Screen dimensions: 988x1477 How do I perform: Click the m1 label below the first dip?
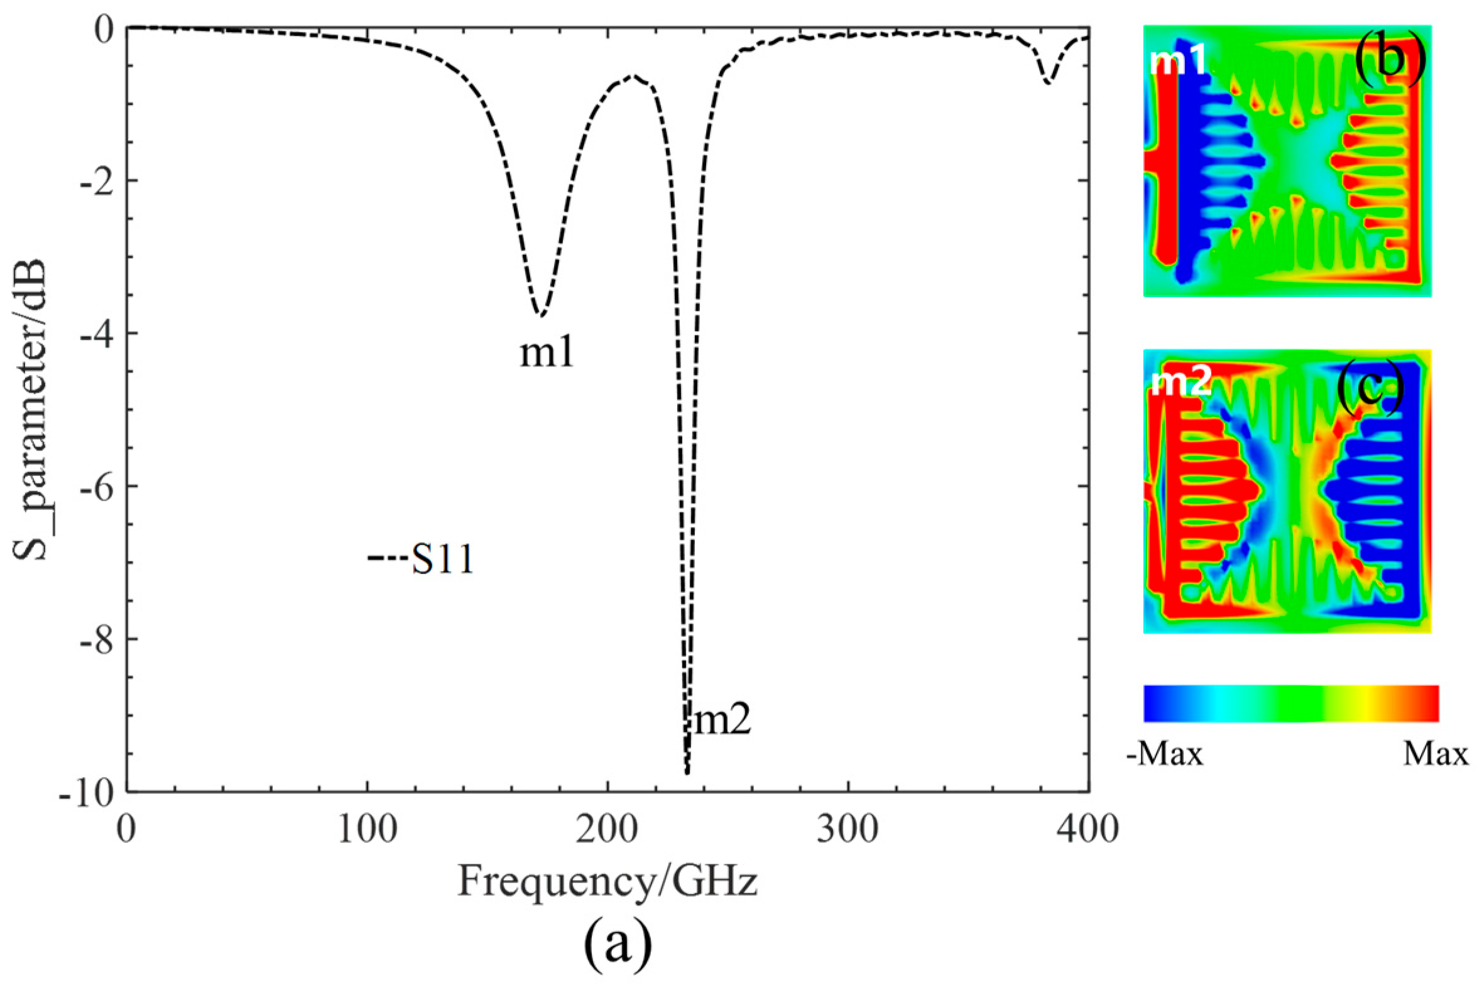point(547,355)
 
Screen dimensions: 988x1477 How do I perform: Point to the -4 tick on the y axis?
point(94,334)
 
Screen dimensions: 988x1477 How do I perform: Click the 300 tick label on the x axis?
point(848,830)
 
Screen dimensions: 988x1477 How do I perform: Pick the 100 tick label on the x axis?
point(366,830)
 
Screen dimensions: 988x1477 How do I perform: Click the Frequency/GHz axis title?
point(608,882)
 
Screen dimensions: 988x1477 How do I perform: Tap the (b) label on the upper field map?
point(1390,63)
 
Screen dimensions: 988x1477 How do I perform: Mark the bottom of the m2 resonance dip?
point(687,773)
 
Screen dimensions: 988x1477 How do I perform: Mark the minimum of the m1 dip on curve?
point(540,314)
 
